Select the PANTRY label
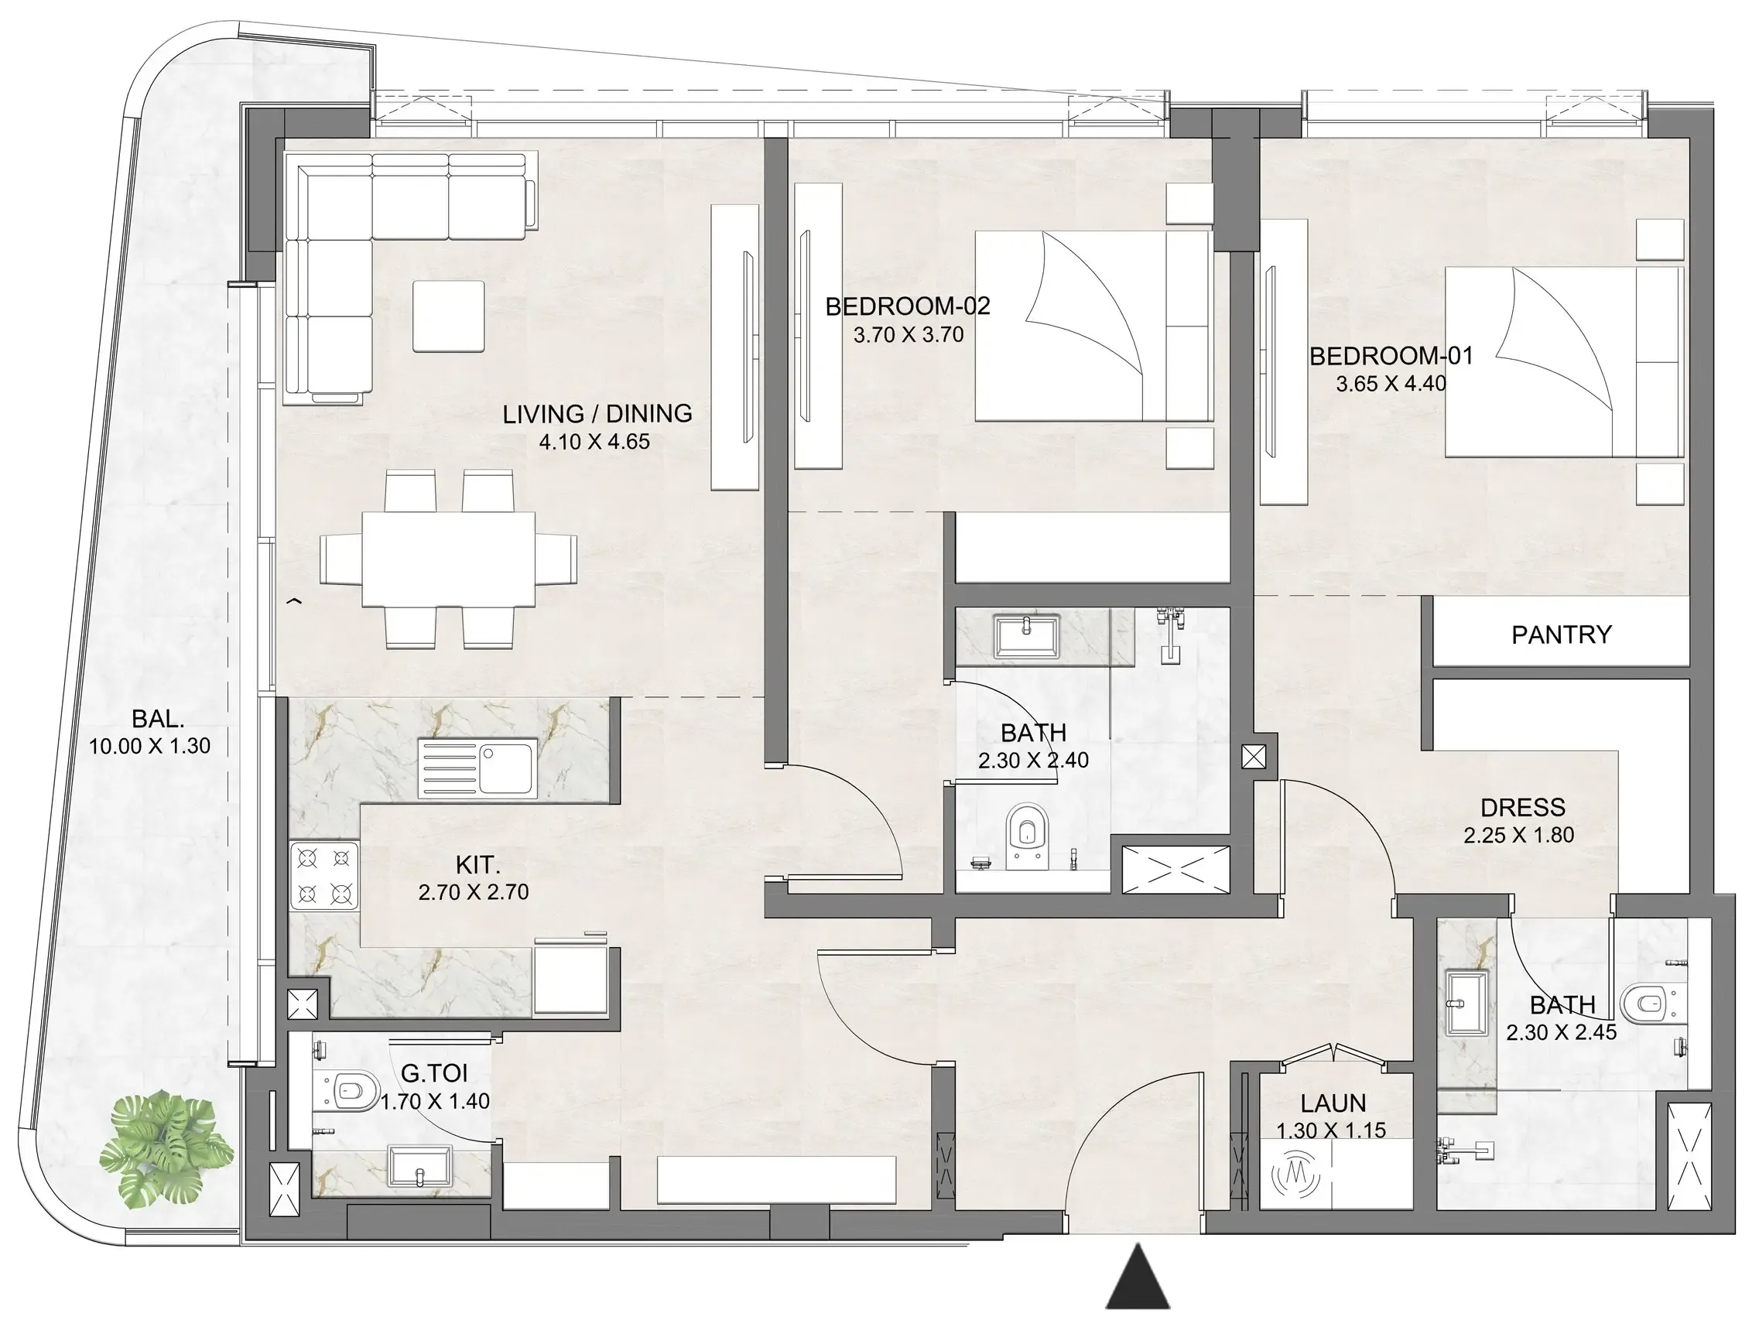[1561, 634]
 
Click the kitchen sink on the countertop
[477, 768]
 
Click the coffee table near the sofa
[449, 316]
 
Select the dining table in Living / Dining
[449, 559]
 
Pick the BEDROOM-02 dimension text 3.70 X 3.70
[908, 335]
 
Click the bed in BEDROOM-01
[1563, 362]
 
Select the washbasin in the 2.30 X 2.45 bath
[1466, 1004]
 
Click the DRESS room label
[1522, 808]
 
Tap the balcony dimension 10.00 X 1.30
[149, 747]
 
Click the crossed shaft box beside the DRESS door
[1253, 757]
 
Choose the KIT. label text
[478, 864]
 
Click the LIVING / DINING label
[597, 413]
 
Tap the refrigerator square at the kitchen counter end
[571, 980]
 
